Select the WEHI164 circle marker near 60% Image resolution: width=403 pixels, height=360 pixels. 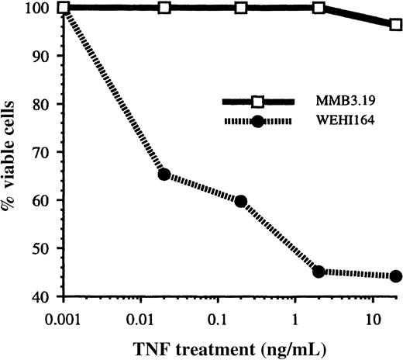click(x=241, y=201)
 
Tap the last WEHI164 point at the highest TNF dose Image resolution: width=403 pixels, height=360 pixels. click(x=395, y=276)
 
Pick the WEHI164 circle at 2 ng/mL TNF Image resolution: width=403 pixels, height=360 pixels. click(x=318, y=272)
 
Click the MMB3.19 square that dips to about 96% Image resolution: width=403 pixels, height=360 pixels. click(x=395, y=25)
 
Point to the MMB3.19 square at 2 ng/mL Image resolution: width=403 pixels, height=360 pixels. click(x=318, y=8)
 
